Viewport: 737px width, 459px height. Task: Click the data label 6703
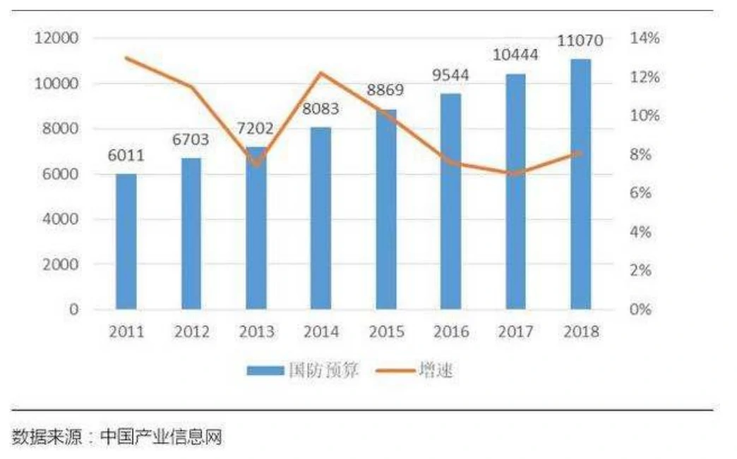(x=191, y=140)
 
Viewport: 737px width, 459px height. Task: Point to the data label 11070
(x=580, y=40)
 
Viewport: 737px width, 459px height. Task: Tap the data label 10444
(x=515, y=55)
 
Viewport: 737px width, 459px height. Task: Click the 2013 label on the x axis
(x=256, y=331)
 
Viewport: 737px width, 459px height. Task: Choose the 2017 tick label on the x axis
(x=515, y=331)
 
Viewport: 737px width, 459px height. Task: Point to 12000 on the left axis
(x=56, y=38)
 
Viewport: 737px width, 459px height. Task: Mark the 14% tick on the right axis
(x=645, y=38)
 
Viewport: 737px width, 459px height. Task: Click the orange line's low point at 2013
(x=257, y=165)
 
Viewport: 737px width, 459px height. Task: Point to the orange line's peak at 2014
(x=320, y=73)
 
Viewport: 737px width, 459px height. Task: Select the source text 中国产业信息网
(x=161, y=437)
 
